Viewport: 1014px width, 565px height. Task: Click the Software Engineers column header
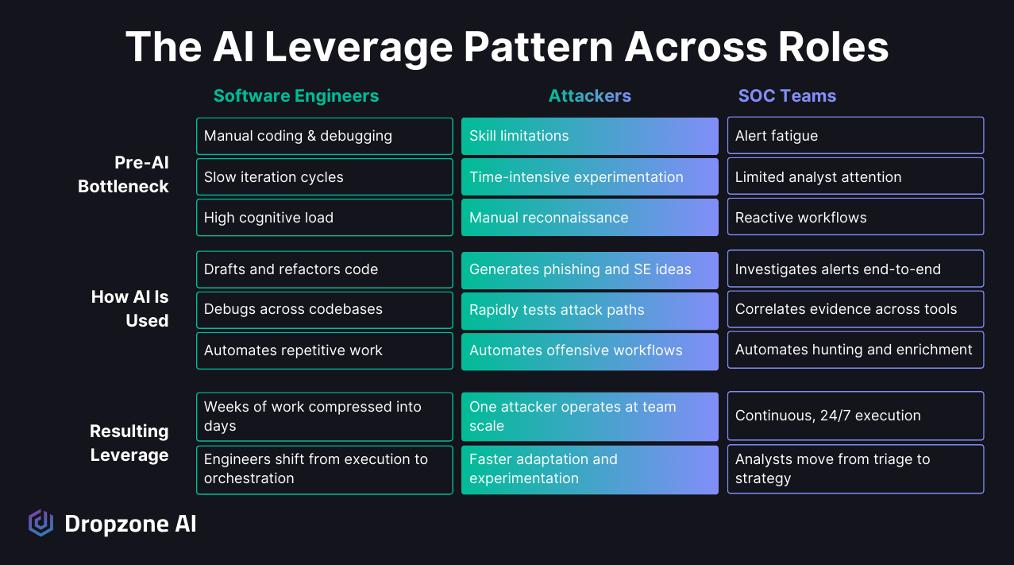[x=295, y=96]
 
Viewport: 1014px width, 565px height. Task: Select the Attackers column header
[x=589, y=96]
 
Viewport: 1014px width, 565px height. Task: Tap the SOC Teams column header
[x=787, y=96]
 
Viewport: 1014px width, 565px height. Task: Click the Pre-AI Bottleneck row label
[x=123, y=175]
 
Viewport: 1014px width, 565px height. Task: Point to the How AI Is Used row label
[x=129, y=309]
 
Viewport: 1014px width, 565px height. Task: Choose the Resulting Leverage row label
[x=129, y=443]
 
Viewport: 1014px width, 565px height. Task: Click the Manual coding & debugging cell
[x=324, y=136]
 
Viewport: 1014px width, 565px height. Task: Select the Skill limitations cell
[x=589, y=136]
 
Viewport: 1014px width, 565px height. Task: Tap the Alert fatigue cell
[x=855, y=136]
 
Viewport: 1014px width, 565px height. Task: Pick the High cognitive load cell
[x=324, y=218]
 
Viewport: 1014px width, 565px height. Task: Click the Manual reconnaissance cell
[x=589, y=218]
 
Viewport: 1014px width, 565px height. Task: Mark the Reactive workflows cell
[x=855, y=218]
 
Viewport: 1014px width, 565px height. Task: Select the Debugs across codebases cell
[x=324, y=310]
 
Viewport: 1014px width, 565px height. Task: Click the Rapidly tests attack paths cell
[x=589, y=310]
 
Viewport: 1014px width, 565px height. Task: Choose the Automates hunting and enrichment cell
[x=855, y=350]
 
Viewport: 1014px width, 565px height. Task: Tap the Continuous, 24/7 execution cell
[x=855, y=416]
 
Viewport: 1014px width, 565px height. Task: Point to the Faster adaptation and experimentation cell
[x=589, y=470]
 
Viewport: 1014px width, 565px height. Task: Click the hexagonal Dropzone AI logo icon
[x=40, y=523]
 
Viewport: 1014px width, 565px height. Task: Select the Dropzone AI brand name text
[x=130, y=524]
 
